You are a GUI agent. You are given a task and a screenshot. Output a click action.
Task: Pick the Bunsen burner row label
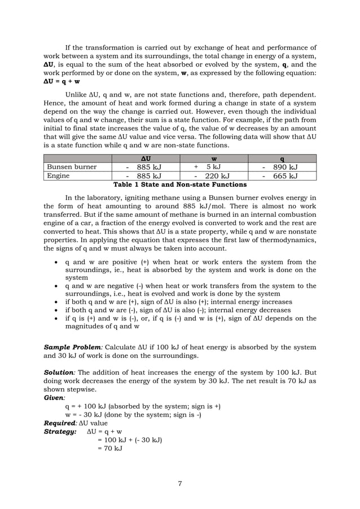click(x=72, y=167)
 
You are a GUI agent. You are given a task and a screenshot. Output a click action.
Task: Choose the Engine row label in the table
click(x=58, y=175)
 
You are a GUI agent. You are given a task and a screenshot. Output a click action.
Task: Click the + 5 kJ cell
click(x=207, y=167)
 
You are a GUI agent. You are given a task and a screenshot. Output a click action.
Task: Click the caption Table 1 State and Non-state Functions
click(x=180, y=185)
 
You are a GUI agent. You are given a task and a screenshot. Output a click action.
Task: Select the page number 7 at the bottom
click(x=180, y=482)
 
